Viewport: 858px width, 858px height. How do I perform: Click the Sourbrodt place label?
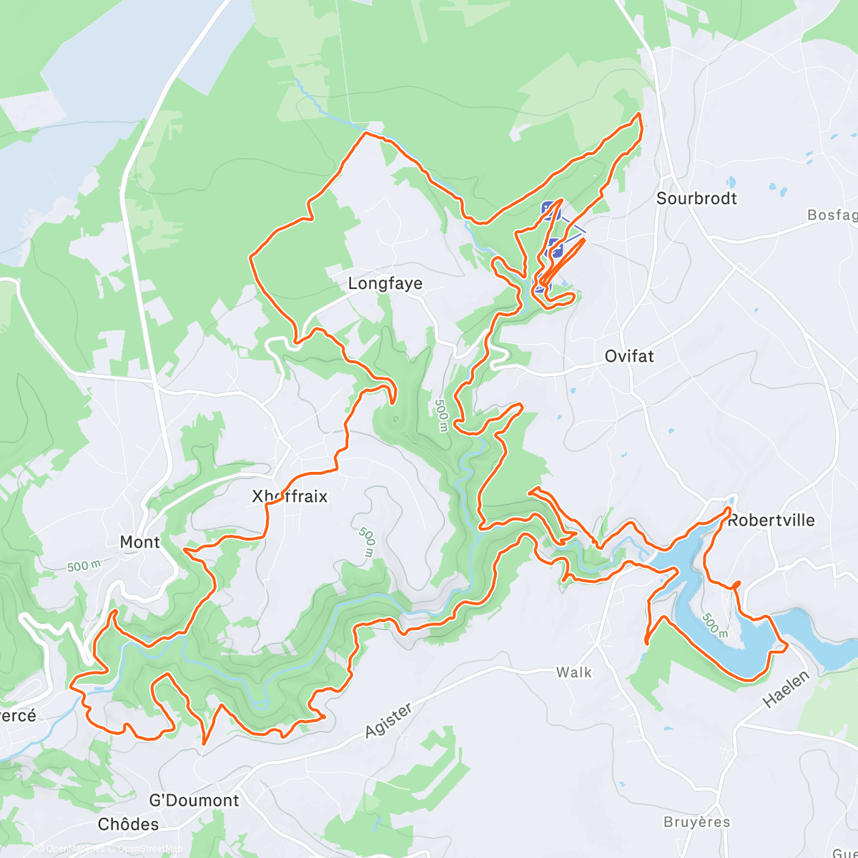click(x=696, y=199)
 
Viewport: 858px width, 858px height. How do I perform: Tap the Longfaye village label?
click(x=385, y=284)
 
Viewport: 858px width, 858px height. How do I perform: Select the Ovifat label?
click(x=629, y=356)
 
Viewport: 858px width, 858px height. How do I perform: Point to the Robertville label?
click(x=771, y=521)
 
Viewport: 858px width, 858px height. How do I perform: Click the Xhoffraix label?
click(x=290, y=496)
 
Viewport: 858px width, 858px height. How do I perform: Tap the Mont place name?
click(x=140, y=543)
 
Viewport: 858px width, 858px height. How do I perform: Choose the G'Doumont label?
click(x=194, y=800)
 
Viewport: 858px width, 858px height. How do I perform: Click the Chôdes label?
click(x=129, y=824)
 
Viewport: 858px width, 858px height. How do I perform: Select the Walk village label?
click(x=574, y=672)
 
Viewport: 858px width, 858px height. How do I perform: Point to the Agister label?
click(x=389, y=720)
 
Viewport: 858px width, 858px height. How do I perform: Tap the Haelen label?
click(x=786, y=689)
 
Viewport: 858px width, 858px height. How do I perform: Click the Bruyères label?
click(x=697, y=822)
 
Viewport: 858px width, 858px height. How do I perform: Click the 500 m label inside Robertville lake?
click(x=714, y=625)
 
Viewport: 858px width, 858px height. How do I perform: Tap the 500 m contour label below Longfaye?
click(x=441, y=415)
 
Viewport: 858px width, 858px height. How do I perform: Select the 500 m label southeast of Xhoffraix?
click(x=367, y=542)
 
